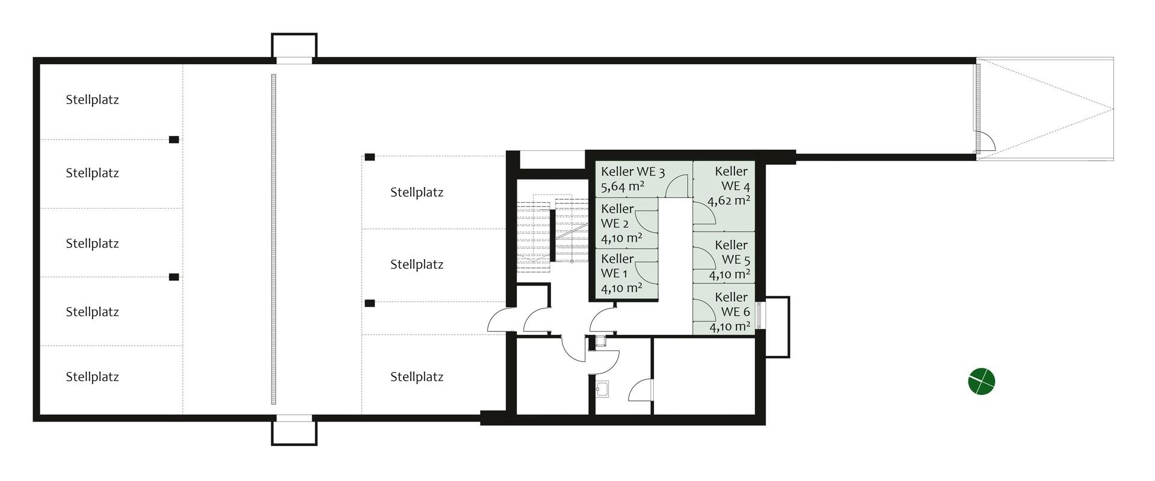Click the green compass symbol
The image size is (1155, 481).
(x=981, y=381)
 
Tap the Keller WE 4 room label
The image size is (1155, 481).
(x=732, y=179)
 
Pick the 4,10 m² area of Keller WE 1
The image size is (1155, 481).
(x=621, y=288)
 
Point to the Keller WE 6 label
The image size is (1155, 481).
(x=732, y=304)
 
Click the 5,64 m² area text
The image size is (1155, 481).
(x=622, y=186)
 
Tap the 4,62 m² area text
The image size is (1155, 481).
(x=729, y=200)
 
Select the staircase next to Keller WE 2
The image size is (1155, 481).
(x=552, y=231)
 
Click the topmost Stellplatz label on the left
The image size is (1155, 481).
(x=92, y=100)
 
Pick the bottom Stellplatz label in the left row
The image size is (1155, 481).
(x=92, y=377)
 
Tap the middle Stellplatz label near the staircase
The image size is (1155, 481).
(x=417, y=265)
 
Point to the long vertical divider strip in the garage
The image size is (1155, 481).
(x=274, y=239)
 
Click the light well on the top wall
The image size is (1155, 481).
(x=294, y=46)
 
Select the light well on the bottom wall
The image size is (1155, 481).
(x=294, y=431)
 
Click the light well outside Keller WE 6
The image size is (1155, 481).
(x=775, y=326)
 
